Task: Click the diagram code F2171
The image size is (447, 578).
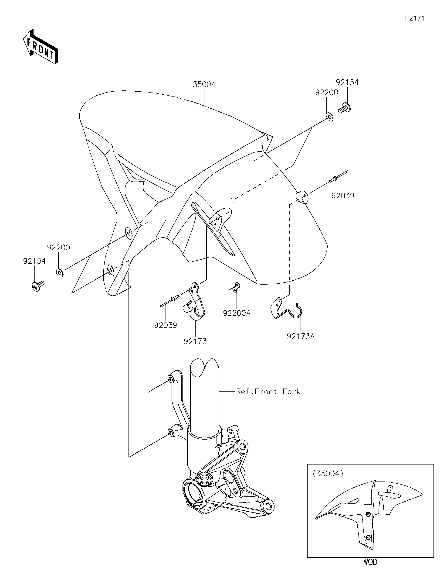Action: tap(414, 18)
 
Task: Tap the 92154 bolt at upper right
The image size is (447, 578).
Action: tap(344, 108)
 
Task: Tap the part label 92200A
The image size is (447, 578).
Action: tap(237, 313)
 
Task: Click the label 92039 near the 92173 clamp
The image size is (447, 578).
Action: tap(166, 325)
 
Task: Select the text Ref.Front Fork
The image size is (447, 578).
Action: tap(268, 392)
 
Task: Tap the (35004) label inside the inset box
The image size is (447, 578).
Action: tap(328, 473)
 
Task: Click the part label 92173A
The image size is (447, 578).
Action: tap(301, 336)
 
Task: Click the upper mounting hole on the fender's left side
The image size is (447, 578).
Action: tap(129, 232)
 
